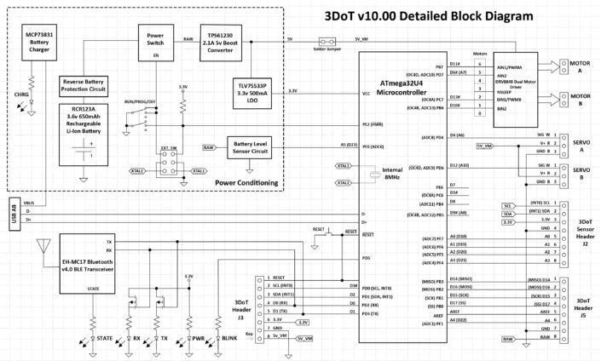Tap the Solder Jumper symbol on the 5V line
click(324, 42)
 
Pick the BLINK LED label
click(227, 338)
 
